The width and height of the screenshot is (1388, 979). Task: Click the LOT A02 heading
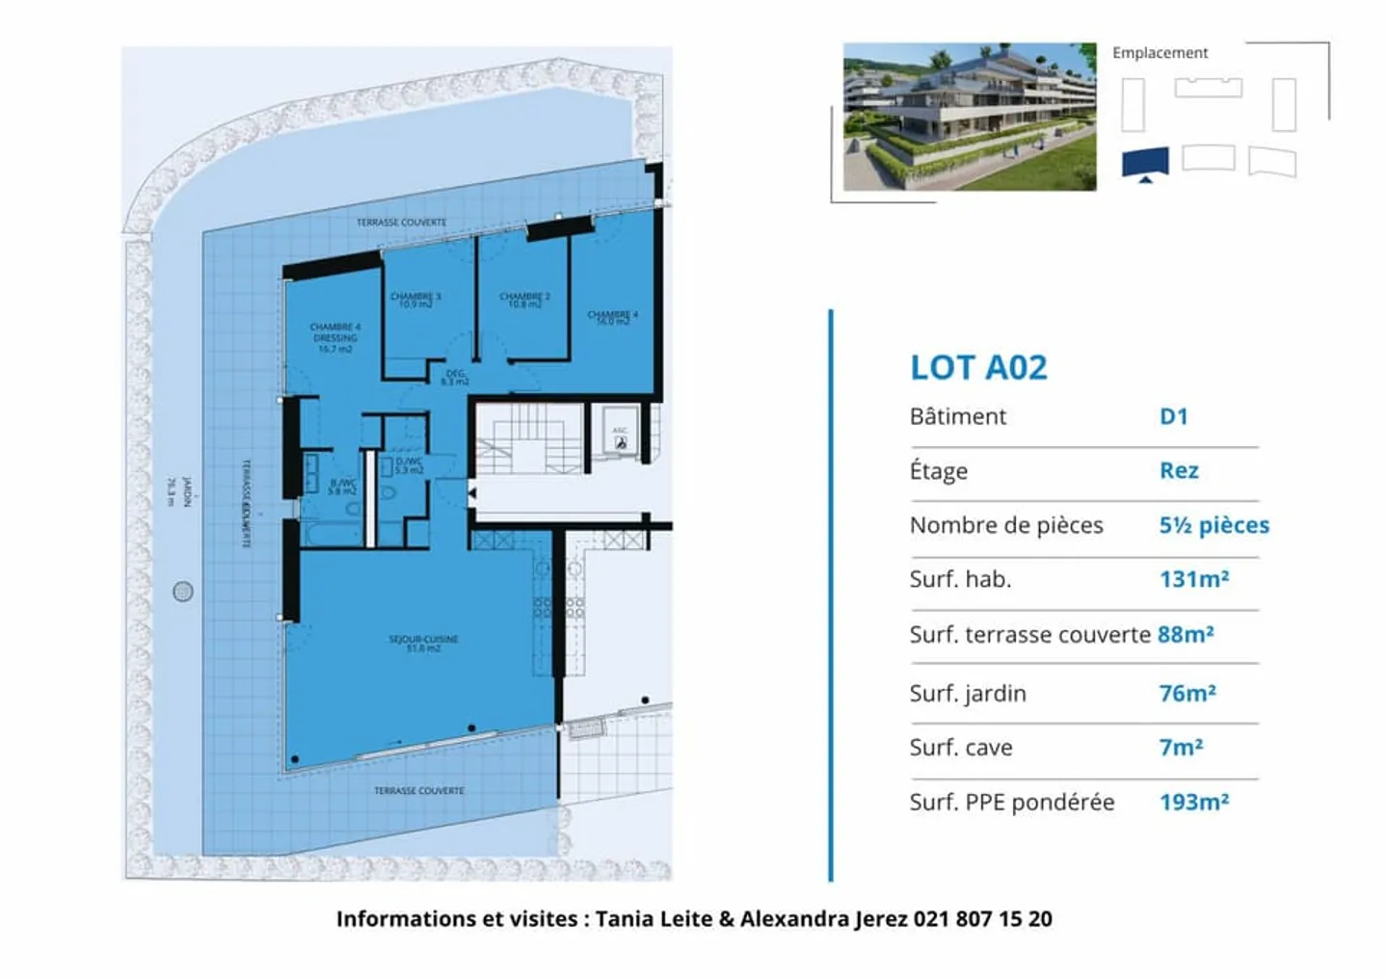pyautogui.click(x=977, y=367)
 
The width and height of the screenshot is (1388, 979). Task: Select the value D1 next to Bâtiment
pyautogui.click(x=1173, y=416)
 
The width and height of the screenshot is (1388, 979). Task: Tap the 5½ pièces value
pyautogui.click(x=1214, y=525)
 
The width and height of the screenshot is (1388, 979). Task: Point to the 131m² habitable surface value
pyautogui.click(x=1193, y=579)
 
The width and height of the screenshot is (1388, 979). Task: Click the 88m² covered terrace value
pyautogui.click(x=1185, y=634)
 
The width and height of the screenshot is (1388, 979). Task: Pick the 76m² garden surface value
pyautogui.click(x=1187, y=693)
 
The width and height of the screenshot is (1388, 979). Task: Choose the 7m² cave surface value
pyautogui.click(x=1181, y=747)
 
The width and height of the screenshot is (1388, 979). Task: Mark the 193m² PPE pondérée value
pyautogui.click(x=1193, y=802)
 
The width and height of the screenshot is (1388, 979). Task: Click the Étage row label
pyautogui.click(x=938, y=471)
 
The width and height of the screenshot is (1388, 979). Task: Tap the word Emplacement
pyautogui.click(x=1160, y=53)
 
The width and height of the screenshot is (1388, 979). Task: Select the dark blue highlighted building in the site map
pyautogui.click(x=1144, y=161)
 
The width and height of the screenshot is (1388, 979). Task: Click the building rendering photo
pyautogui.click(x=969, y=117)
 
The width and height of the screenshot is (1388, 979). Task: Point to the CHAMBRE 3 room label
pyautogui.click(x=415, y=300)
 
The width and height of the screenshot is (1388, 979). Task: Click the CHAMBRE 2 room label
pyautogui.click(x=524, y=300)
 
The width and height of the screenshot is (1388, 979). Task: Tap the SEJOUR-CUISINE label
pyautogui.click(x=423, y=643)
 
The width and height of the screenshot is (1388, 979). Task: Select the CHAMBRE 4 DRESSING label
pyautogui.click(x=334, y=337)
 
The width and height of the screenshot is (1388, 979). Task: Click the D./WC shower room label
pyautogui.click(x=409, y=465)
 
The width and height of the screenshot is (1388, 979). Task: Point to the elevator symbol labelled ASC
pyautogui.click(x=620, y=438)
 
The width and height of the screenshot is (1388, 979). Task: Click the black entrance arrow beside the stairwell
pyautogui.click(x=471, y=493)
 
